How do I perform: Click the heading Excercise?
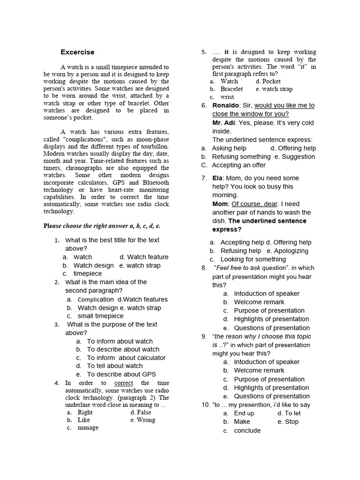coord(77,52)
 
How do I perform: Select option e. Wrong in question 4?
coord(143,420)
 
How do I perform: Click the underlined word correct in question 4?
coord(124,383)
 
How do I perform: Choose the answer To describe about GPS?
coord(121,374)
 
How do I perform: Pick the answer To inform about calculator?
coord(126,358)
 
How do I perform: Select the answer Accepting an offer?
coord(239,165)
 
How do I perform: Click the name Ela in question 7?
coord(217,178)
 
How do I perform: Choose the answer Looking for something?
coord(253,259)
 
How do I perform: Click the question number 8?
coord(204,268)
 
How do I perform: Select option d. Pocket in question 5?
coord(268,81)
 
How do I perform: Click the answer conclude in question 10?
coord(247,430)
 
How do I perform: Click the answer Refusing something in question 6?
coord(241,157)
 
